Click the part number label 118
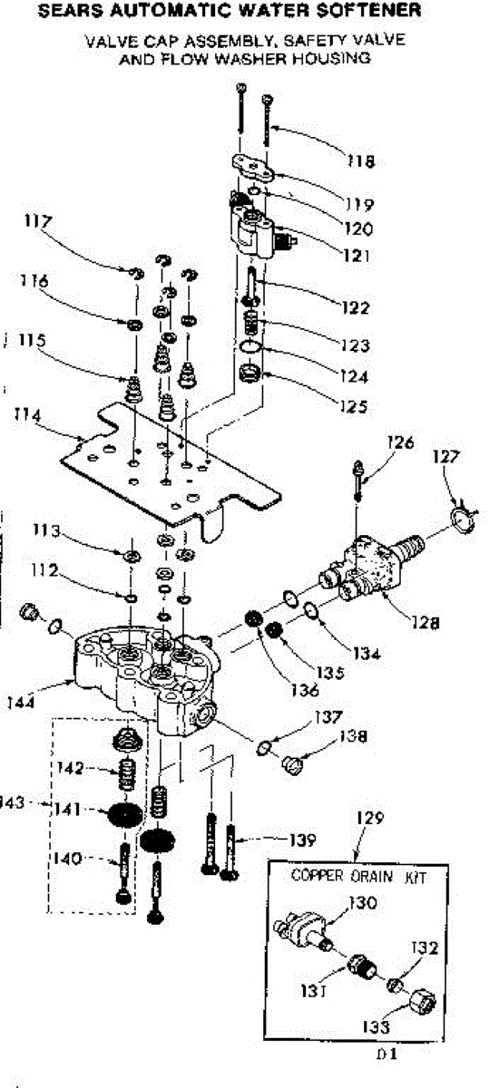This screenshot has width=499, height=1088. point(361,160)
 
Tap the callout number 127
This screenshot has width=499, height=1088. point(445,457)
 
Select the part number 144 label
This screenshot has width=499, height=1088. point(21,703)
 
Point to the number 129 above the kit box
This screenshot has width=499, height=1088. point(370,818)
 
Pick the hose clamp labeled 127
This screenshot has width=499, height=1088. point(464,516)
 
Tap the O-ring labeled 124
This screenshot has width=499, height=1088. point(251,346)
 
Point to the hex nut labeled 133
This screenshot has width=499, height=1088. point(423,1002)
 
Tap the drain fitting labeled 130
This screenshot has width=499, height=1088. point(302,927)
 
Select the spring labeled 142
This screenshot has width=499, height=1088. point(127,774)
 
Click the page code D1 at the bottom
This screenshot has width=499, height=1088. point(386,1054)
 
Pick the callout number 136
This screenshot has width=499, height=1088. point(305,690)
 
